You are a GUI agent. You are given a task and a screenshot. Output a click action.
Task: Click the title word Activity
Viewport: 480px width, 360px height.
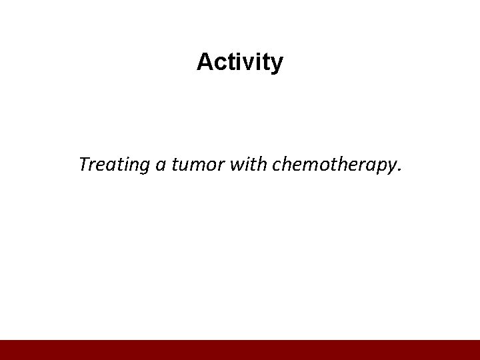pos(240,63)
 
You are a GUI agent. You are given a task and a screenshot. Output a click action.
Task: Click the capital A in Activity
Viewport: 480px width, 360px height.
pos(205,62)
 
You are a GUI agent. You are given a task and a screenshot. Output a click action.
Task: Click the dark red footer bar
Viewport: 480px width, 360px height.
pos(240,349)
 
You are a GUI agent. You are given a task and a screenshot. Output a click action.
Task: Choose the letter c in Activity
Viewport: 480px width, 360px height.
pos(220,64)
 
